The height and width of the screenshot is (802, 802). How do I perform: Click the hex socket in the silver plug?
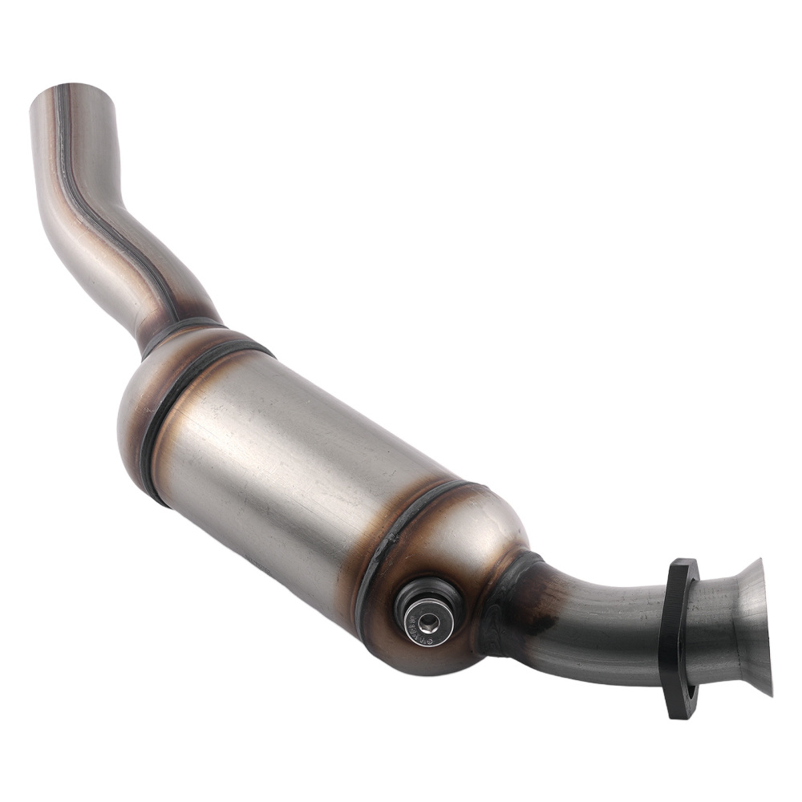(x=427, y=619)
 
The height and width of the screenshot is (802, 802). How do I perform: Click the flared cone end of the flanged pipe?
(x=750, y=626)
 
